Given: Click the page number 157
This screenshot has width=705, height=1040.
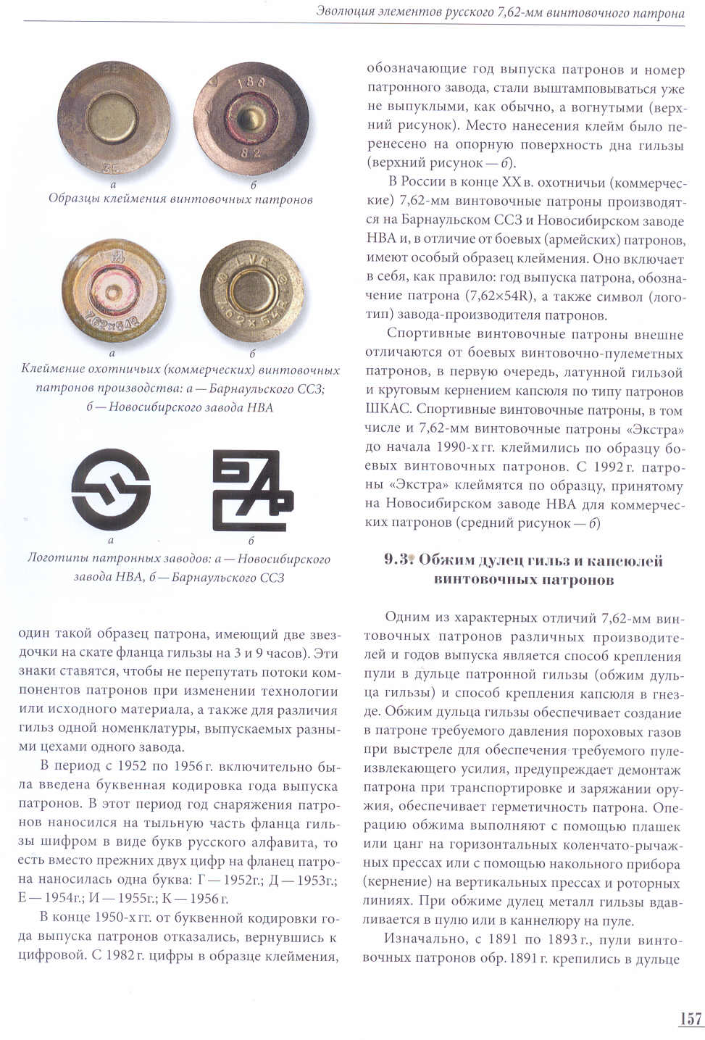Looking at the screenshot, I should [x=691, y=1018].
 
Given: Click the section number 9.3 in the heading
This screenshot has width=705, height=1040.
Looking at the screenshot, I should [x=397, y=559].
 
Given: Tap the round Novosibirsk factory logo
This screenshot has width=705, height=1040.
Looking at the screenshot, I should [x=111, y=489].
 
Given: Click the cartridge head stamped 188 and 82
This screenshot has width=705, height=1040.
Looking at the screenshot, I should [x=251, y=118].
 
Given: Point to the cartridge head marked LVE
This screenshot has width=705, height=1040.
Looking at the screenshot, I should [x=251, y=290].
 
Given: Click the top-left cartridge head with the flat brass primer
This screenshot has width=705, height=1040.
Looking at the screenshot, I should [x=114, y=118].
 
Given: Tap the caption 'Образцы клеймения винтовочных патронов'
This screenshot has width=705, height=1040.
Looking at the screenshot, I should [x=180, y=199].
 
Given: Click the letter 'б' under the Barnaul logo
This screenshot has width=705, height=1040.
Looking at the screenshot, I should [x=251, y=541].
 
